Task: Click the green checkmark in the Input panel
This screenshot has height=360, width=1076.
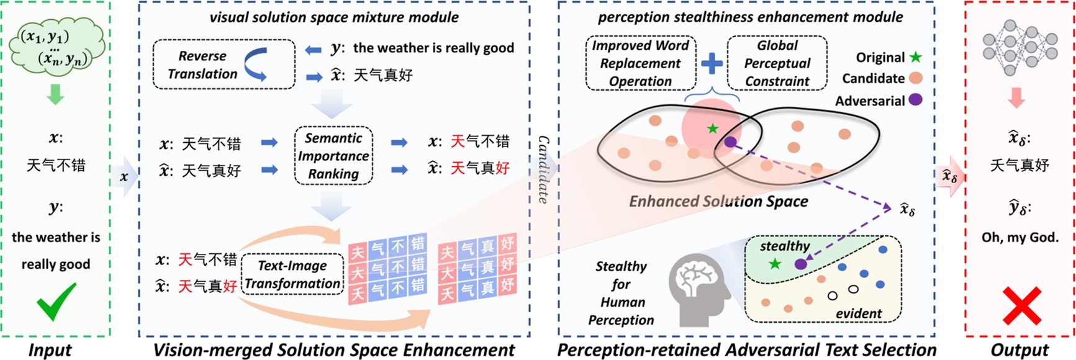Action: [56, 301]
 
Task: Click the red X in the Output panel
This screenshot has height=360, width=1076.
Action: [1021, 305]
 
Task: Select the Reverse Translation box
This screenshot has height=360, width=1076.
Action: [224, 65]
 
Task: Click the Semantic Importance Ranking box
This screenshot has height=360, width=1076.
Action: [333, 156]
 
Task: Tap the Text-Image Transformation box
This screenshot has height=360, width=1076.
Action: [292, 274]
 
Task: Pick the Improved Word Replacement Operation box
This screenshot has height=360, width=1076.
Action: [640, 63]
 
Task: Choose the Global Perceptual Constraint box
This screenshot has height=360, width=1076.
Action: [777, 63]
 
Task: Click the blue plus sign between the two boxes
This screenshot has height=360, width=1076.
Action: [712, 63]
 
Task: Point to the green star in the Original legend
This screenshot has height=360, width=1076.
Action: [916, 57]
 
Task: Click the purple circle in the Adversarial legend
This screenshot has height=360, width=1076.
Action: [915, 100]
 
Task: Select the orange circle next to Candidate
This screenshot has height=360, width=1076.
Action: [915, 78]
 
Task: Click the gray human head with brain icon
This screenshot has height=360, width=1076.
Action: [700, 289]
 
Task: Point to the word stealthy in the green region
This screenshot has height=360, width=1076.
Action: [785, 246]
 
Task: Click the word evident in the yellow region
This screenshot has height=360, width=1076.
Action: [858, 313]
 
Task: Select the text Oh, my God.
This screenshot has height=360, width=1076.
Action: [1019, 237]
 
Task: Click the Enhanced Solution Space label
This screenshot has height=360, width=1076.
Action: [718, 201]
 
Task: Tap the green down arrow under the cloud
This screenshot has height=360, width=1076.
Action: [55, 95]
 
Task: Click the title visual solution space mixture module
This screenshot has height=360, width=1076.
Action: [334, 17]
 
